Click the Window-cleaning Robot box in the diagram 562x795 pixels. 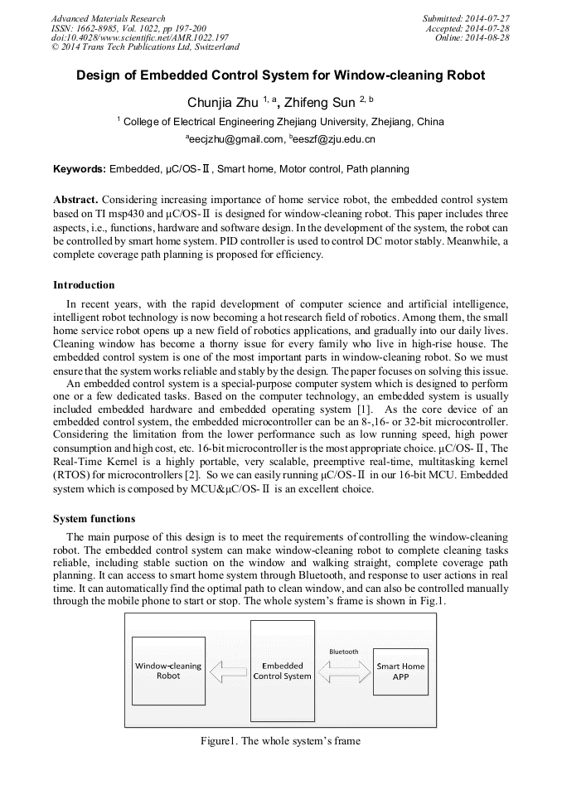coord(168,671)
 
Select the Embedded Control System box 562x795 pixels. coord(282,671)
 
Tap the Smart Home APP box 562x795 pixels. coord(400,671)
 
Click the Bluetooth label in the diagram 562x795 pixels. coord(344,652)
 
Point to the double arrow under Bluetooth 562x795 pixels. coord(344,671)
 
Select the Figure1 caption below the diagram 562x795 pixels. coord(280,740)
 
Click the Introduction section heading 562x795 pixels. coord(84,285)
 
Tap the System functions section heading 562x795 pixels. coord(94,519)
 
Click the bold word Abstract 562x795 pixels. coord(75,201)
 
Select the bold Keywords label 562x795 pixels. coord(80,169)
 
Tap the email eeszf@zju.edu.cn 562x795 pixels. coord(335,139)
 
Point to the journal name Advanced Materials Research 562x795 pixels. coord(108,18)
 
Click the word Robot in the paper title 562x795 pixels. coord(462,75)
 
